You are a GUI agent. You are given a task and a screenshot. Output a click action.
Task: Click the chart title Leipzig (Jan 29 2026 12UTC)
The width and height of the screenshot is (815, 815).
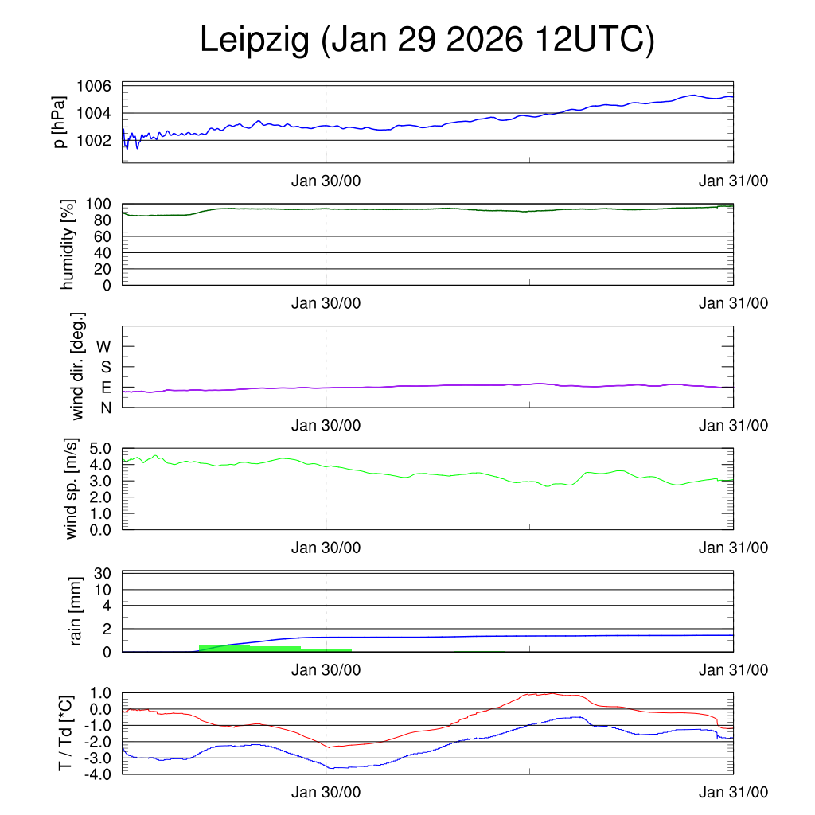427,41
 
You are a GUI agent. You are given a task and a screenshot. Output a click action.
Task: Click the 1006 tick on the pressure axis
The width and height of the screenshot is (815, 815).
94,86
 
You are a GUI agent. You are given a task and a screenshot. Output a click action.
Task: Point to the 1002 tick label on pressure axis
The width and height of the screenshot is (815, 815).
94,140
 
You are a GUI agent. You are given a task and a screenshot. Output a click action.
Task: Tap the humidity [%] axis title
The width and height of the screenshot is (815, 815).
67,244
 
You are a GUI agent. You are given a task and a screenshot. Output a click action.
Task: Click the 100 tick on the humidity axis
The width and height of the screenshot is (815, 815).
98,204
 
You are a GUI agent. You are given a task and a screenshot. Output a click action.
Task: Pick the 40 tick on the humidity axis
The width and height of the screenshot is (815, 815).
102,252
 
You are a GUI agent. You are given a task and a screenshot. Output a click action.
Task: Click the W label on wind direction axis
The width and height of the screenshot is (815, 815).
103,346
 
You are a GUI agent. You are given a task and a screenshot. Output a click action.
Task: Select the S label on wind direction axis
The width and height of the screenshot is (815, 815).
105,367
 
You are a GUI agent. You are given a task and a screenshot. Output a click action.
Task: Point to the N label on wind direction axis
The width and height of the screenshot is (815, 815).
105,407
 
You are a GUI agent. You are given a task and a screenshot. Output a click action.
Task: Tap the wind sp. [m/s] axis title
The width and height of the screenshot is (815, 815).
72,489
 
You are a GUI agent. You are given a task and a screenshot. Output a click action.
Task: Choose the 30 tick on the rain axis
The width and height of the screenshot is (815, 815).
102,573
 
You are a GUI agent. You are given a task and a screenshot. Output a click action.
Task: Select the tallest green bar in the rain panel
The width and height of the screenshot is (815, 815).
249,649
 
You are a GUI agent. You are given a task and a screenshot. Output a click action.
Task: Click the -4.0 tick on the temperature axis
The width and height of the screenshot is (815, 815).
95,774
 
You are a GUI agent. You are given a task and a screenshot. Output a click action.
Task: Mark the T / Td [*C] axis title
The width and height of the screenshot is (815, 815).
67,733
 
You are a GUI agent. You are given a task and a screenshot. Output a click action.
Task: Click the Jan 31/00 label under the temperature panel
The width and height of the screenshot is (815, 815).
733,793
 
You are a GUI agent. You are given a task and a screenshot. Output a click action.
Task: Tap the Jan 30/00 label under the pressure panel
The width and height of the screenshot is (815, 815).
326,181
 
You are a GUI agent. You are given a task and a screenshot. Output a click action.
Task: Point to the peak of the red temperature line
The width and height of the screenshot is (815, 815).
552,693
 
